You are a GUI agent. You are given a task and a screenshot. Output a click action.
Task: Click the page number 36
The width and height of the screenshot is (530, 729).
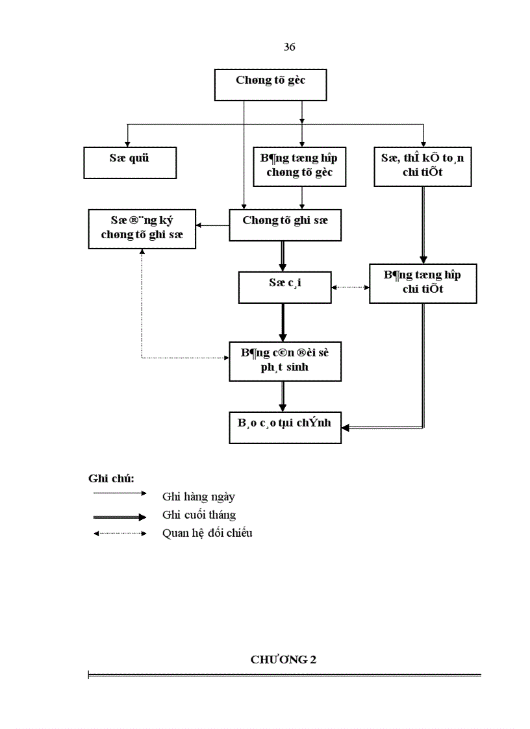point(290,47)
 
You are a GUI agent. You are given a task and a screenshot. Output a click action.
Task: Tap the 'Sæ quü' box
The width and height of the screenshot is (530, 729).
point(130,162)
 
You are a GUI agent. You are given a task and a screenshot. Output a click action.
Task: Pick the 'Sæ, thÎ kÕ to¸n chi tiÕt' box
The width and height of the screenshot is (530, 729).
point(423,166)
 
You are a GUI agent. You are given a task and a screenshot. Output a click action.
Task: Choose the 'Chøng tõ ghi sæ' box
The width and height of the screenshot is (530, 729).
point(285,225)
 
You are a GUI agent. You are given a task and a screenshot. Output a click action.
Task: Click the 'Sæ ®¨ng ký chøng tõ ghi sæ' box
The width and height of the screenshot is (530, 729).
point(142,228)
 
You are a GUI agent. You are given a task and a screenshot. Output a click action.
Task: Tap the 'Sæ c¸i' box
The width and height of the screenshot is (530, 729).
point(284,287)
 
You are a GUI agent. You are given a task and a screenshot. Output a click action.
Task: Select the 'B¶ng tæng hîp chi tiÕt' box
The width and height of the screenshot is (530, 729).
point(423,283)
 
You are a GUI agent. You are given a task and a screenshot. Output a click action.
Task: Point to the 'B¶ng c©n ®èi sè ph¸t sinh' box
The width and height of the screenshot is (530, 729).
point(285,361)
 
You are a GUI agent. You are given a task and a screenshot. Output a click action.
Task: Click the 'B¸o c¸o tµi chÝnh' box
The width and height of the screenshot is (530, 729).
point(285,427)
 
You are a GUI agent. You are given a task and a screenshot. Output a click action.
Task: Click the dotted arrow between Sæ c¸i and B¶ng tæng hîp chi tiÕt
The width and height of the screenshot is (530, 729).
point(350,287)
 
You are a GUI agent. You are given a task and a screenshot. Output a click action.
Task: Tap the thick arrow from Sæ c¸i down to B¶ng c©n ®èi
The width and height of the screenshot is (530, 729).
point(283,322)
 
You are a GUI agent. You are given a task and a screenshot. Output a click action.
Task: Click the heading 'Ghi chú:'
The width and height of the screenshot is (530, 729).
point(111,478)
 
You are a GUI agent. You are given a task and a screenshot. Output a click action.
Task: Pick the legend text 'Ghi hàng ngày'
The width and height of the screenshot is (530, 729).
point(199,497)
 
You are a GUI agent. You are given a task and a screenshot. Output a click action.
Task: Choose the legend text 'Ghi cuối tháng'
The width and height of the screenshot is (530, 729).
point(199,515)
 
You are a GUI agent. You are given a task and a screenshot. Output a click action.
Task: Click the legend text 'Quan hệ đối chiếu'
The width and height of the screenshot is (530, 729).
point(207,534)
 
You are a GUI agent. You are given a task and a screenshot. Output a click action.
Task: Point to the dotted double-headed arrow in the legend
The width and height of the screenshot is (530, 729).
point(120,534)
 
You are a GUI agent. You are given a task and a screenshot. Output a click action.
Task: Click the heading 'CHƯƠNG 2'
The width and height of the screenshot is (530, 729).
point(283,660)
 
